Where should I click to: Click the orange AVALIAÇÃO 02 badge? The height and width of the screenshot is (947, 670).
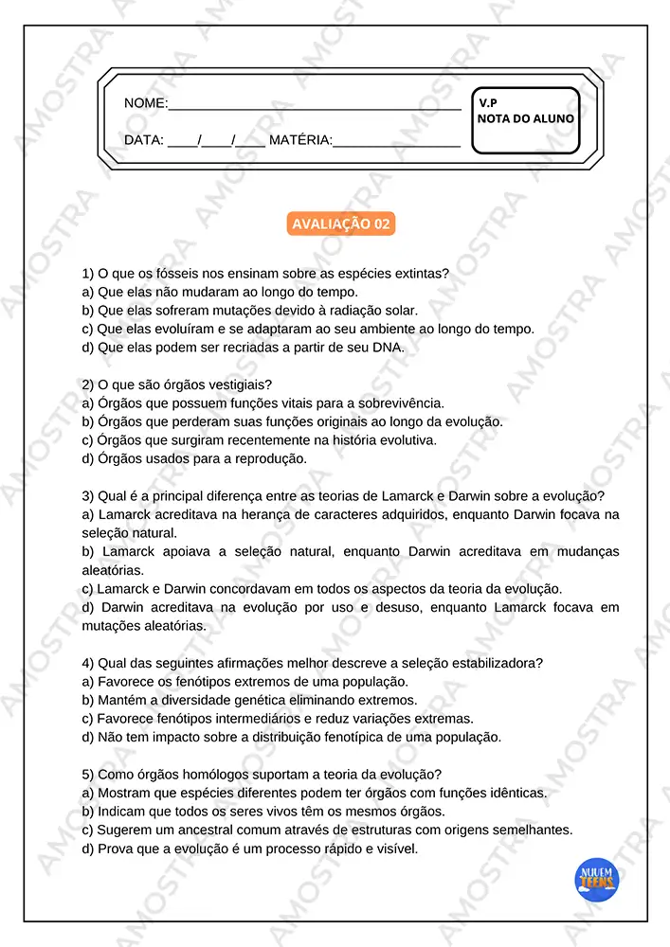pyautogui.click(x=340, y=224)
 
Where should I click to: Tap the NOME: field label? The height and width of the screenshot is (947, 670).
pyautogui.click(x=146, y=102)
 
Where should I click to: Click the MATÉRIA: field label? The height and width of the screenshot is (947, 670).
pyautogui.click(x=300, y=140)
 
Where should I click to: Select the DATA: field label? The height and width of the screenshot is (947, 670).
pyautogui.click(x=144, y=140)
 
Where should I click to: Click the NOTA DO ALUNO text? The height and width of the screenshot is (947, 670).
pyautogui.click(x=525, y=118)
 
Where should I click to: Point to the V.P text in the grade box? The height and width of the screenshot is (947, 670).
pyautogui.click(x=488, y=101)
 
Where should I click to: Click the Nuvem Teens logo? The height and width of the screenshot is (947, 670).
pyautogui.click(x=597, y=881)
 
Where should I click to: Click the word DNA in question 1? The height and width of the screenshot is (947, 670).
pyautogui.click(x=389, y=348)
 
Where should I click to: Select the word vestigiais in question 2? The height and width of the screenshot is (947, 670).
pyautogui.click(x=241, y=384)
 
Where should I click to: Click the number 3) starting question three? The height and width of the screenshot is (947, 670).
pyautogui.click(x=88, y=495)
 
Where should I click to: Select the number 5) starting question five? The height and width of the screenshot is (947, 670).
pyautogui.click(x=88, y=774)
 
